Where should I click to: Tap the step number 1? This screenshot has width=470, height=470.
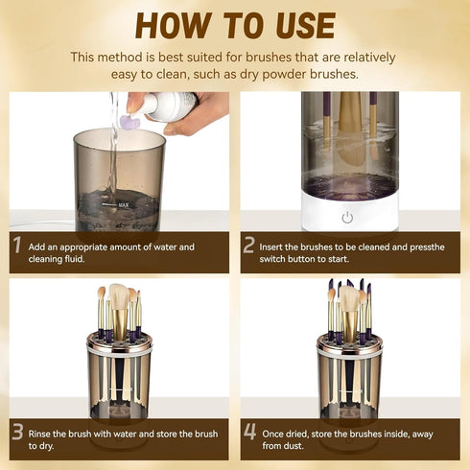(x=16, y=247)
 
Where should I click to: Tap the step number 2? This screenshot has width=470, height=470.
(x=249, y=247)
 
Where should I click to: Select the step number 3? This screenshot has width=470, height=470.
(x=16, y=433)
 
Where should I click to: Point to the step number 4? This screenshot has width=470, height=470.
(x=249, y=433)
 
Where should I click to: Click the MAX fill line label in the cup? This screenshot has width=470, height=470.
(x=123, y=204)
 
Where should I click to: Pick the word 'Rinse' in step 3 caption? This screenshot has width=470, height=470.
(x=42, y=433)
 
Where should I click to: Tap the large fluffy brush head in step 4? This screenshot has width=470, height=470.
(x=350, y=299)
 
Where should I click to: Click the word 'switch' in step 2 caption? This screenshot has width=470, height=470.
(x=276, y=258)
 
